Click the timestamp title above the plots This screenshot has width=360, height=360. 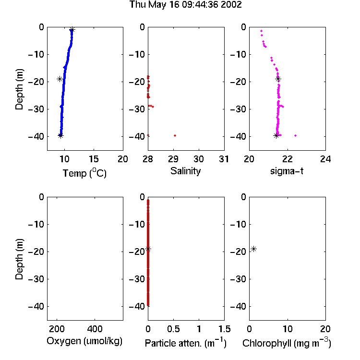click(x=185, y=5)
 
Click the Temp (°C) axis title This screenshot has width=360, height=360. click(x=84, y=173)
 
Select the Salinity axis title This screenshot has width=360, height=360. click(x=185, y=171)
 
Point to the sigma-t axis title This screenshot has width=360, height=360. click(x=287, y=171)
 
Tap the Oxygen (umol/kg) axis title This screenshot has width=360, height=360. click(x=84, y=341)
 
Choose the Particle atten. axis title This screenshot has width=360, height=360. click(x=185, y=343)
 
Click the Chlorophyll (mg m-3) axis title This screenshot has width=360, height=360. click(x=287, y=343)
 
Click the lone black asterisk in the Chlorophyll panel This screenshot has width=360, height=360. click(x=253, y=249)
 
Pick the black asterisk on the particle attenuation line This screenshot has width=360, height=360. click(x=148, y=249)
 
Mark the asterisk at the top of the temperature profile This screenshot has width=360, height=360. click(x=72, y=30)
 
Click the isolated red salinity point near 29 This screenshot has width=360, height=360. click(x=175, y=136)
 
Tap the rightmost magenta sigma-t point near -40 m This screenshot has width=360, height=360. click(x=296, y=136)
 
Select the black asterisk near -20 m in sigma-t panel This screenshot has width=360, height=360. click(x=278, y=79)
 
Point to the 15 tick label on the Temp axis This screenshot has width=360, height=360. click(x=94, y=159)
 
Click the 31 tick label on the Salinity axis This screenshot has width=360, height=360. click(x=224, y=159)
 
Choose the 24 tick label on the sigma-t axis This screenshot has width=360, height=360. click(x=325, y=159)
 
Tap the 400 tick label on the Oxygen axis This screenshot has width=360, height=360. click(x=95, y=329)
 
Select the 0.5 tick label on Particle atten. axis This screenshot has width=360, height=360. click(x=173, y=329)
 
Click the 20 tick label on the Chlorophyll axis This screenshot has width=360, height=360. click(x=325, y=329)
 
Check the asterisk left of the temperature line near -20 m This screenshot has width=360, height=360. click(x=60, y=79)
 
